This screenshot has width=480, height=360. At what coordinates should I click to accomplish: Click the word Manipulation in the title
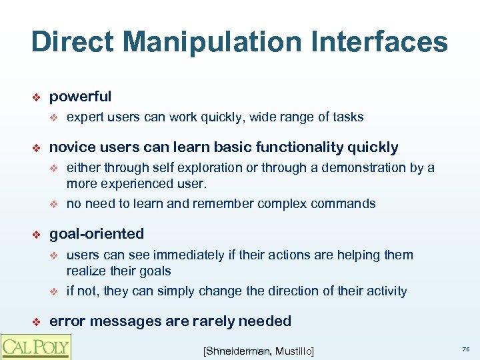click(193, 42)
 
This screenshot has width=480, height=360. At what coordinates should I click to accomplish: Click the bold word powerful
click(80, 97)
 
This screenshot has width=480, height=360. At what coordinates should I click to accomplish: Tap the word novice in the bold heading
click(71, 147)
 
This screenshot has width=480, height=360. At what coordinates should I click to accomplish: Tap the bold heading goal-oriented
click(97, 234)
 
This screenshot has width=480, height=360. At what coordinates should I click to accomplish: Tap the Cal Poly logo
click(35, 347)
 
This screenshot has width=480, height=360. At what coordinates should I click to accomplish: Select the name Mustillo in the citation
click(294, 351)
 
